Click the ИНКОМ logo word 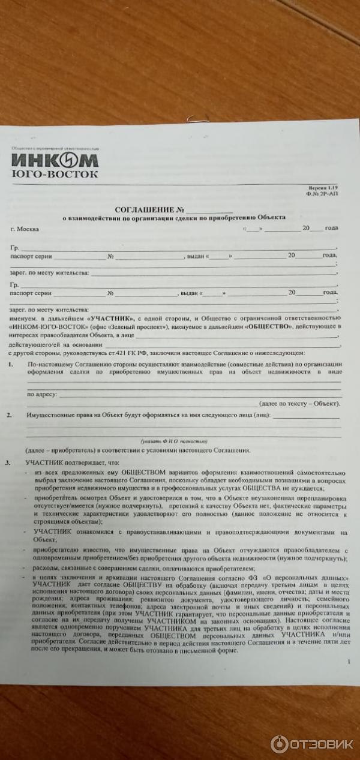[x=55, y=161]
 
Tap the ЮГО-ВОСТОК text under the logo [x=55, y=174]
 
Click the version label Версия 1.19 [x=324, y=188]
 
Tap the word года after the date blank [x=331, y=229]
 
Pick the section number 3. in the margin [x=8, y=462]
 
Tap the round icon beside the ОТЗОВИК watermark [x=280, y=744]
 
